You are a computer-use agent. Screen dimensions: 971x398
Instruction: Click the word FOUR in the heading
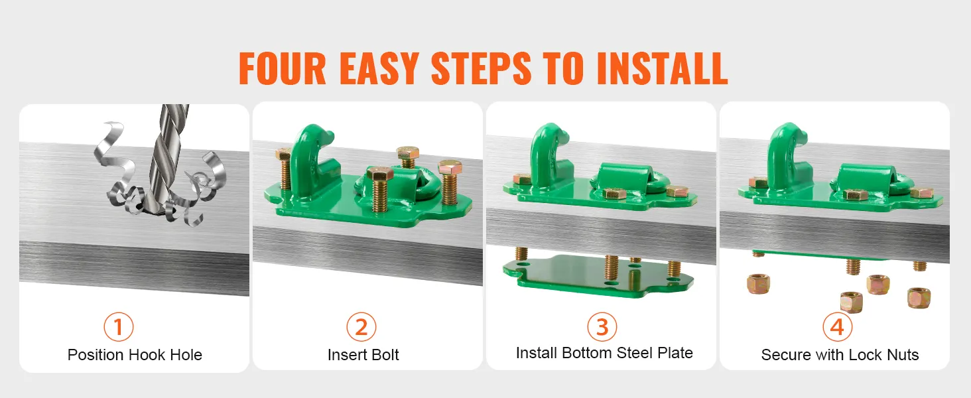282,68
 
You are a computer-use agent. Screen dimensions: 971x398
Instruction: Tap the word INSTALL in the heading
662,68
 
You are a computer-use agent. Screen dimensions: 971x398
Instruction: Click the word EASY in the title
379,68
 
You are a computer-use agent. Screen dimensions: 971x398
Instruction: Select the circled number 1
118,327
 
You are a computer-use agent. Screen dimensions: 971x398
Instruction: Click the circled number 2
361,327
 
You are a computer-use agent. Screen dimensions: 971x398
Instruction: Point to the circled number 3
602,327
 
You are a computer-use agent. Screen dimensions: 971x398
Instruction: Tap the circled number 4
837,327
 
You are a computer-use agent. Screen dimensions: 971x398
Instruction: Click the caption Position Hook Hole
135,355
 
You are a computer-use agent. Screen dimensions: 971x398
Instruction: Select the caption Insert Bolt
363,355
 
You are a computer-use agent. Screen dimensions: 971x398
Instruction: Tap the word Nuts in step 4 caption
902,355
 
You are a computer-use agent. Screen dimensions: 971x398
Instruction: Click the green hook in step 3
547,156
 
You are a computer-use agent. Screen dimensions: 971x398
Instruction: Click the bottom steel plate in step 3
598,275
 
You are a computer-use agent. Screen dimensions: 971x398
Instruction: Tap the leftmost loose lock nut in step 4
758,284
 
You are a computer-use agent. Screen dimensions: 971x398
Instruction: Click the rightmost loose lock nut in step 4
919,297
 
